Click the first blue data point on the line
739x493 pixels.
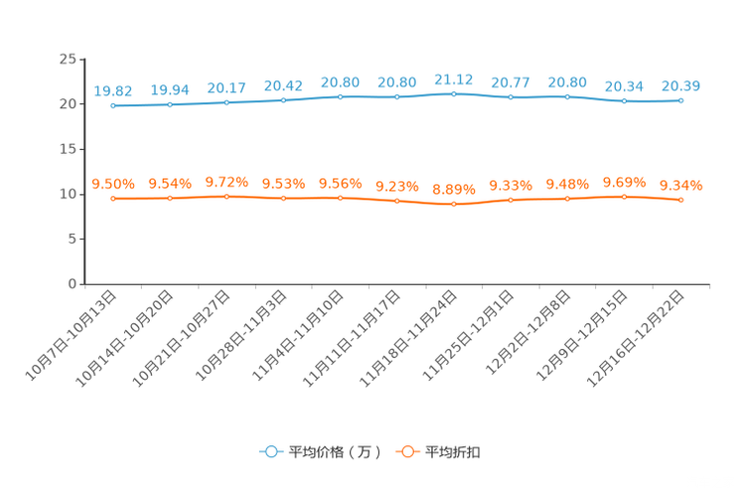pos(113,104)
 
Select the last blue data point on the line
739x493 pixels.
pos(680,99)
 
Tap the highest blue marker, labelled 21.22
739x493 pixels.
pos(454,94)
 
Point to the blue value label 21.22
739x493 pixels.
pos(454,79)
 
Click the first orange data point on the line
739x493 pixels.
pos(113,199)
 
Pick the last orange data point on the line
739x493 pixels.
pos(680,200)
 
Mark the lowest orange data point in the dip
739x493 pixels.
pos(454,204)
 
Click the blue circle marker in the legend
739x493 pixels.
pos(269,451)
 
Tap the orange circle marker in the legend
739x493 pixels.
pos(406,451)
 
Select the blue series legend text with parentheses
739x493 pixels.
pos(334,452)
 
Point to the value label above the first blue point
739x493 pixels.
pos(113,89)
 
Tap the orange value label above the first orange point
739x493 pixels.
pos(113,184)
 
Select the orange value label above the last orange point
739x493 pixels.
pos(680,185)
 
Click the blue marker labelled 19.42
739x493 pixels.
pos(283,99)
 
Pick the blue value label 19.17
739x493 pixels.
pos(226,87)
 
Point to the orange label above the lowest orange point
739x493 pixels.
pos(454,189)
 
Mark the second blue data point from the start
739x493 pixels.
pos(170,103)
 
